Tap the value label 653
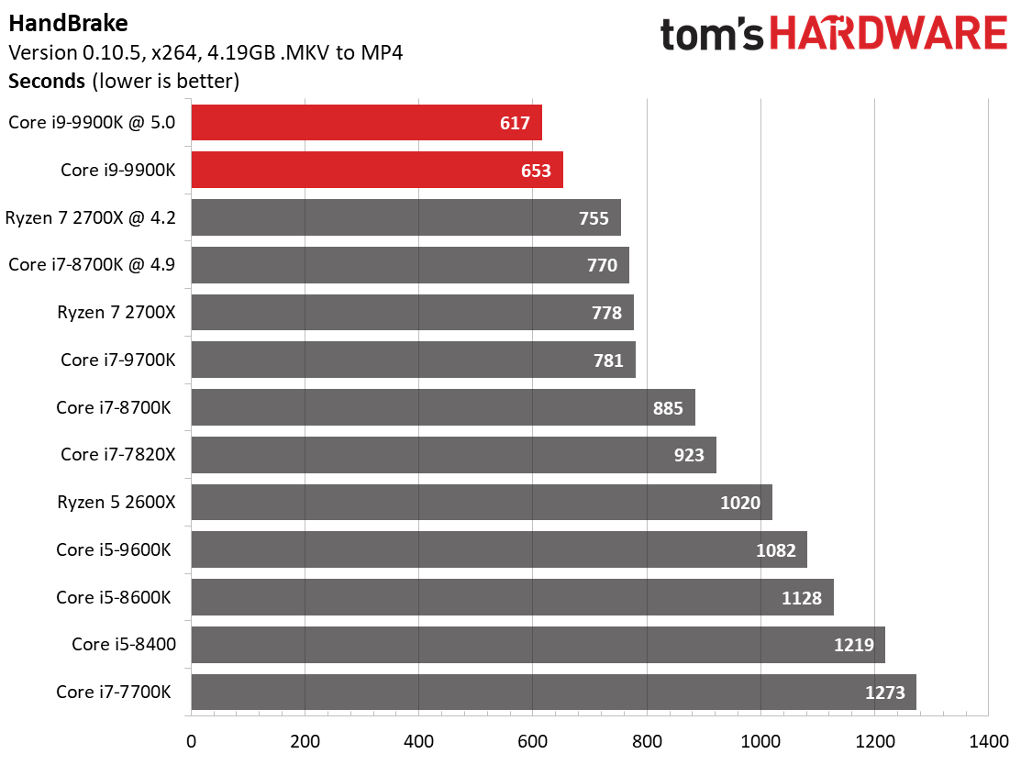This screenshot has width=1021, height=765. pos(536,171)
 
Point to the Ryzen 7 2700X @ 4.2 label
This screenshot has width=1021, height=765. pos(90,217)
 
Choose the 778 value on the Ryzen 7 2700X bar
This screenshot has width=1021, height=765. pos(606,313)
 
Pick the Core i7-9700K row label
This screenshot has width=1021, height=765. pos(117,360)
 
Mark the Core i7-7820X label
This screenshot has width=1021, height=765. pos(117,454)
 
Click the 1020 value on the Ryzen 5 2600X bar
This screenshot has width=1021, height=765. pos(740,503)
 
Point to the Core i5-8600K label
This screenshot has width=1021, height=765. pos(114,597)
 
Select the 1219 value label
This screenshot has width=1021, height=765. pos(853,645)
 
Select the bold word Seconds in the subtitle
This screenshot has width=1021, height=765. pos(47,81)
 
